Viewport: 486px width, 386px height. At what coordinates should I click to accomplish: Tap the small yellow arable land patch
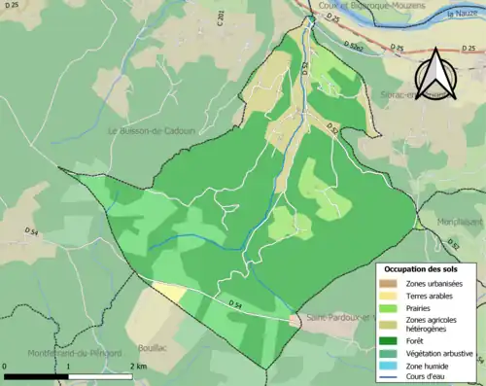click(171, 292)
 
